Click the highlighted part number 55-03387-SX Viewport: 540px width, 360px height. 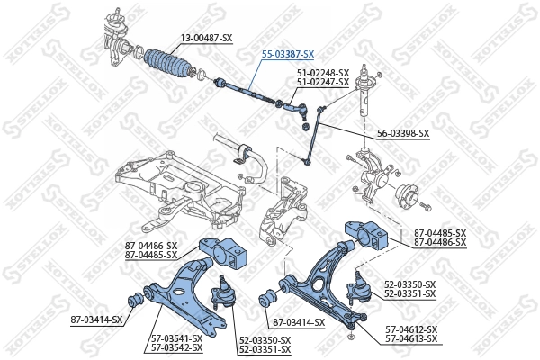click(288, 54)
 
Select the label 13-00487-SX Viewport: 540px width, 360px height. click(207, 37)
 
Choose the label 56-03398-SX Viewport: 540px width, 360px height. click(403, 133)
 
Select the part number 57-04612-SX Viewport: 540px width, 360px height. click(411, 329)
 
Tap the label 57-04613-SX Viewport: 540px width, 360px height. click(411, 338)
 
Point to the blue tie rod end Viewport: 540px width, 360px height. click(299, 109)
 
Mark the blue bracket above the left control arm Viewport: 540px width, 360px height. click(222, 254)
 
